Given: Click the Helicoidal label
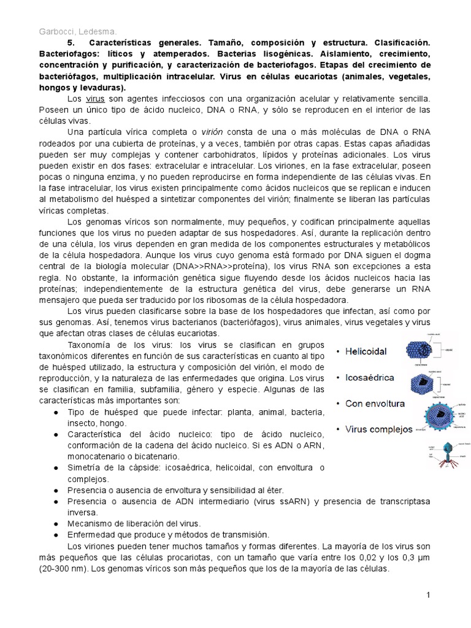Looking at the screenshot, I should (x=366, y=351).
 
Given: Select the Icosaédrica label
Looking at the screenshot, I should (x=369, y=377).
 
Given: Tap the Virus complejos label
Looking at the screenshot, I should (x=378, y=429).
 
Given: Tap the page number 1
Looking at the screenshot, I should (x=428, y=595).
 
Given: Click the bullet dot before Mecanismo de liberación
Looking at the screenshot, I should (x=56, y=523).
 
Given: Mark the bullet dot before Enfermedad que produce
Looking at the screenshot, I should (x=56, y=534).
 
